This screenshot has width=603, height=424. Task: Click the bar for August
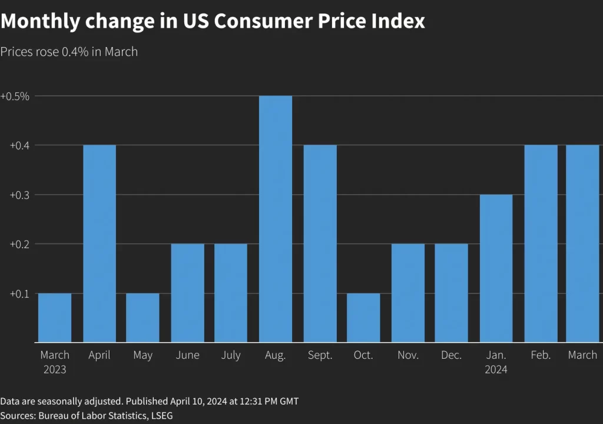[276, 219]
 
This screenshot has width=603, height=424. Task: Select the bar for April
[100, 243]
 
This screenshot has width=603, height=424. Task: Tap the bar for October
[363, 318]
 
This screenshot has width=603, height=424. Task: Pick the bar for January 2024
[496, 268]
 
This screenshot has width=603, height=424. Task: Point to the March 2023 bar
[55, 318]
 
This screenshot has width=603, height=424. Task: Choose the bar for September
[320, 243]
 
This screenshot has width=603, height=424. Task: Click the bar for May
[143, 318]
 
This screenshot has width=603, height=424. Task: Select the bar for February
[541, 243]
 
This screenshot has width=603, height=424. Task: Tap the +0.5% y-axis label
[15, 96]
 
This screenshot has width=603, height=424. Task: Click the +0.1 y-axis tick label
[19, 293]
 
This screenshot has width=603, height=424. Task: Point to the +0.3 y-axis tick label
[19, 195]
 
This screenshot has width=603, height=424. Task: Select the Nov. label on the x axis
[408, 355]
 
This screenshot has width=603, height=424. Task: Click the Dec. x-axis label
[452, 355]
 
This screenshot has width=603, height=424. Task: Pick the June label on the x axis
[187, 355]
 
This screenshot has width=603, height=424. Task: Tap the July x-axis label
[231, 355]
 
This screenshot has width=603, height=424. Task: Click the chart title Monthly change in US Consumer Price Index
[213, 22]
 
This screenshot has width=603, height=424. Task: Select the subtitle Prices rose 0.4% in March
[69, 52]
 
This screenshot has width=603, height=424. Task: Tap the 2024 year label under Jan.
[496, 370]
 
